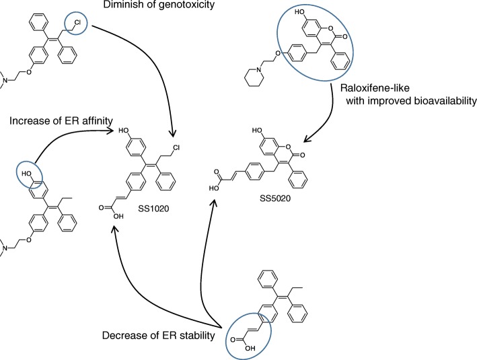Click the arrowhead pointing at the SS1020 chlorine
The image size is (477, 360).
(174, 133)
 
